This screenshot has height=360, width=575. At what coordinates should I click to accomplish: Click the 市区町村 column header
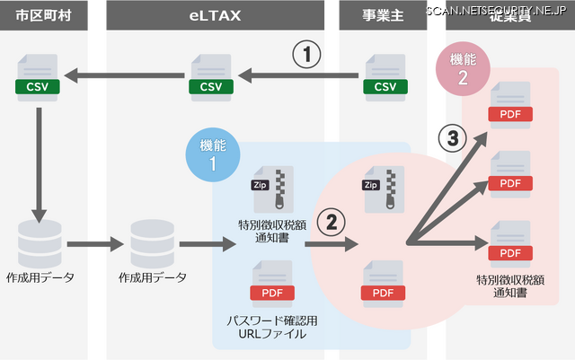click(38, 17)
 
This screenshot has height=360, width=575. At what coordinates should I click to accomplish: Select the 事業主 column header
click(382, 17)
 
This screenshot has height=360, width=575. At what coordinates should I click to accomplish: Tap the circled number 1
click(306, 56)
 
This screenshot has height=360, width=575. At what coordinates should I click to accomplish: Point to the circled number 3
click(451, 137)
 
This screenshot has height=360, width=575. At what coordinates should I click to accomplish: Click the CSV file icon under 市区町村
click(37, 77)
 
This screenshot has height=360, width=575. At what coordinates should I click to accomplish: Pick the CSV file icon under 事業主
click(385, 77)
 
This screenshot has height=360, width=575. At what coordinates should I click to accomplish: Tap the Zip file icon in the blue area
click(274, 188)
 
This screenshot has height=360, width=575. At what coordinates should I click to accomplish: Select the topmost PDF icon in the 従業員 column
click(509, 105)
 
